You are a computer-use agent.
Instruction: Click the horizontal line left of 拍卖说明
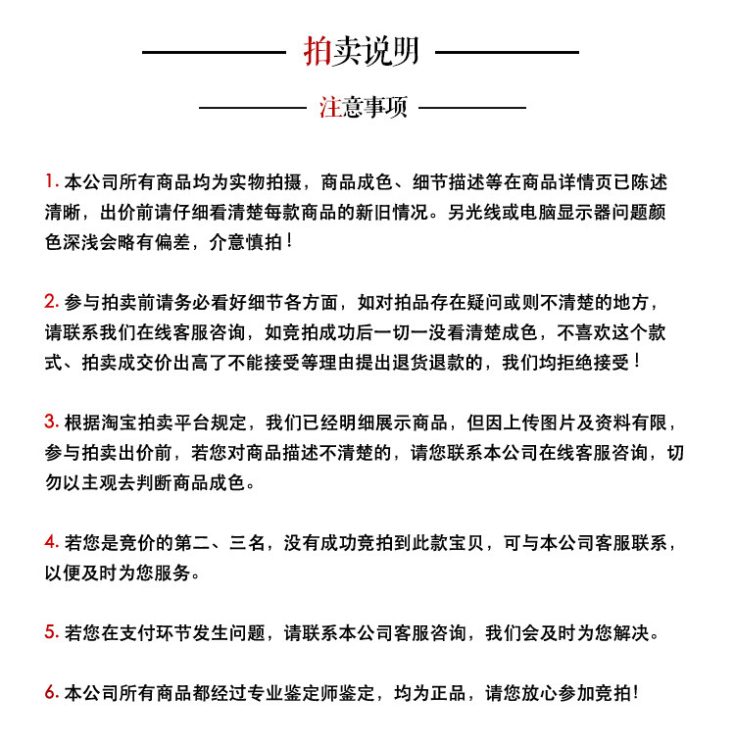pos(214,51)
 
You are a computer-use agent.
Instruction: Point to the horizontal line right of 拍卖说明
pos(506,51)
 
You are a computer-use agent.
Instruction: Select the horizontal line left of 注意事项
pos(252,107)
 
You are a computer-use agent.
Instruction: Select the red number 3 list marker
pos(51,422)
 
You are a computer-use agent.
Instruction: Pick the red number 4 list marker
pos(51,542)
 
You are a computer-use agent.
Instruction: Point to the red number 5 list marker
pos(51,632)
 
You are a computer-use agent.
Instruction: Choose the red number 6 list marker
pos(51,693)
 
